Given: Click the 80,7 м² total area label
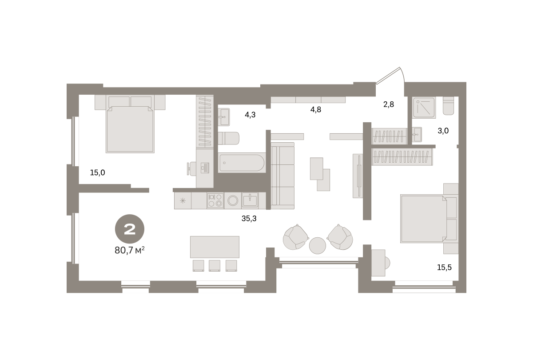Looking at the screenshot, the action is pyautogui.click(x=130, y=251).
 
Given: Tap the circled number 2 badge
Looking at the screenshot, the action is pyautogui.click(x=130, y=229).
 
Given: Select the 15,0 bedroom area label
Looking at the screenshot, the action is pyautogui.click(x=97, y=172).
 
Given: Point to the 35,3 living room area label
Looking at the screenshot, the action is pyautogui.click(x=249, y=219).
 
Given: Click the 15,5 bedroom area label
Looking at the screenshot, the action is pyautogui.click(x=444, y=268).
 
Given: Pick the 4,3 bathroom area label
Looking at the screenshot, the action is pyautogui.click(x=250, y=115).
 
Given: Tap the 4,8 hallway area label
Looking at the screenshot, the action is pyautogui.click(x=316, y=109).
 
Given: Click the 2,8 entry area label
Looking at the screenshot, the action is pyautogui.click(x=389, y=104).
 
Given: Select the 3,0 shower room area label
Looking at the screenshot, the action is pyautogui.click(x=443, y=131).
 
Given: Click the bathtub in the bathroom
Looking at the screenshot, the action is pyautogui.click(x=242, y=163).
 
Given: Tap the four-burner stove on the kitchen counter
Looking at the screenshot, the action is pyautogui.click(x=215, y=200).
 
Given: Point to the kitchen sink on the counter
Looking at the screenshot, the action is pyautogui.click(x=250, y=200).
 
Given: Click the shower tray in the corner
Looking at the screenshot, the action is pyautogui.click(x=424, y=108).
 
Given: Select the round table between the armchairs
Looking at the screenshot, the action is pyautogui.click(x=318, y=245).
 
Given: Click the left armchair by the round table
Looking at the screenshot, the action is pyautogui.click(x=295, y=237).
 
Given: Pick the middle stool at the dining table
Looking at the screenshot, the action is pyautogui.click(x=215, y=265).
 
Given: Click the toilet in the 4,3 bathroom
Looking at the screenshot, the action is pyautogui.click(x=228, y=138).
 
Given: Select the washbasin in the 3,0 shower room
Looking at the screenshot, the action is pyautogui.click(x=417, y=135).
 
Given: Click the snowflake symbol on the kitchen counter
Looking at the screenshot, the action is pyautogui.click(x=183, y=201).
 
